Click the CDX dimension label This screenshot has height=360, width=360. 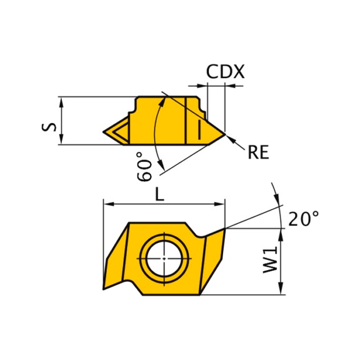coord(225,72)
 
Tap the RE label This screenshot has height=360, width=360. coord(258,152)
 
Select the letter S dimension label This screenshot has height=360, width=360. coord(49,127)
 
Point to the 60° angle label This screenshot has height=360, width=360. coord(144,166)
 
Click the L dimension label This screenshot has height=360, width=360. coord(160,194)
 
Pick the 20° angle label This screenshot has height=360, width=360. coord(303,218)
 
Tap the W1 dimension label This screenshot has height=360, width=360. coord(270,260)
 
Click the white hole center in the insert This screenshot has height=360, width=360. coord(164,259)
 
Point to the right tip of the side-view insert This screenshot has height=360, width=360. coord(225,134)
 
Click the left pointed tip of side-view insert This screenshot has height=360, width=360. coord(103,132)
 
